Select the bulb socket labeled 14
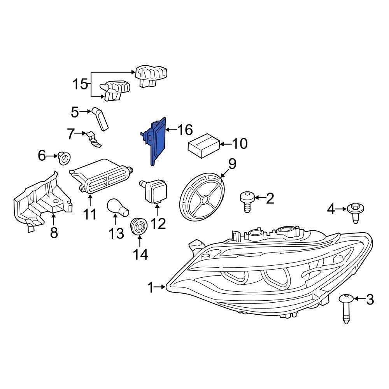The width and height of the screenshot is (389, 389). (x=138, y=227)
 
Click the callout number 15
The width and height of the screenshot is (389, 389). (x=81, y=84)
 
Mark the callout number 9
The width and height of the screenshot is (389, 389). (x=232, y=164)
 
